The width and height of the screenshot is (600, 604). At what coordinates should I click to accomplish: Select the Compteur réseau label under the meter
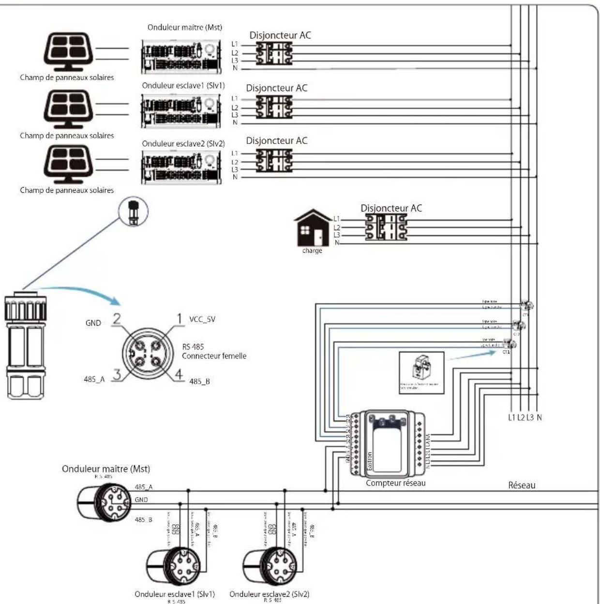[x=395, y=483]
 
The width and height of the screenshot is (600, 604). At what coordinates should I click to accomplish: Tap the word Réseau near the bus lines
[x=522, y=485]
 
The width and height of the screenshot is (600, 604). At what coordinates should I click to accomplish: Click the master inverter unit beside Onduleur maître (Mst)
[x=182, y=56]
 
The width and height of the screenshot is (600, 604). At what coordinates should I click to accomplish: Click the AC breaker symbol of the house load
[x=386, y=227]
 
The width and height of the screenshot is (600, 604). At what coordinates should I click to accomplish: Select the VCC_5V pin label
[x=202, y=319]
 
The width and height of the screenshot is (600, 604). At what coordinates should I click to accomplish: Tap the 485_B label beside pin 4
[x=199, y=382]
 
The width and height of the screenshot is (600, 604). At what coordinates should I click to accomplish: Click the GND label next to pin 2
[x=93, y=323]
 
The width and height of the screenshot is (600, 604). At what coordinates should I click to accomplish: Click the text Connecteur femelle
[x=214, y=356]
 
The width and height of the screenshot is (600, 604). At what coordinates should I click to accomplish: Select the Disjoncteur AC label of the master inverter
[x=280, y=35]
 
